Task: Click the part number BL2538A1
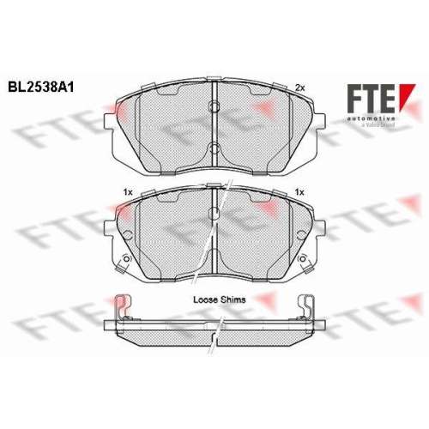pyautogui.click(x=41, y=88)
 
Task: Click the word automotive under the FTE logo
pyautogui.click(x=372, y=118)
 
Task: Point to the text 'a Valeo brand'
pyautogui.click(x=378, y=124)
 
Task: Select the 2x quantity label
pyautogui.click(x=299, y=88)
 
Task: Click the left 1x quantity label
pyautogui.click(x=128, y=192)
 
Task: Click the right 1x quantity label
pyautogui.click(x=299, y=192)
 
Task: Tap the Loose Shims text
pyautogui.click(x=220, y=299)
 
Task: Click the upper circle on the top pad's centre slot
pyautogui.click(x=214, y=106)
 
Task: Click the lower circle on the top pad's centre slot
pyautogui.click(x=214, y=148)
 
